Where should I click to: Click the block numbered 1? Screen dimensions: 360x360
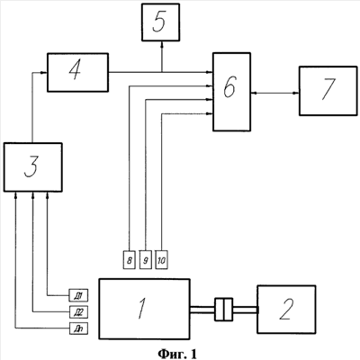144,309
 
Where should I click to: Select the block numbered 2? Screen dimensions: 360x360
286,310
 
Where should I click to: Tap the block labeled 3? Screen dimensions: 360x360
32,167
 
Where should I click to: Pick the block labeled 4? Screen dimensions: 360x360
77,72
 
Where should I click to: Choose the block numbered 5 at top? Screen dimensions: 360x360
160,22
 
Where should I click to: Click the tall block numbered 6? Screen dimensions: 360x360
231,92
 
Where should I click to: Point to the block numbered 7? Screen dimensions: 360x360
328,91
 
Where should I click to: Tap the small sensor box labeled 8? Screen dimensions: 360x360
130,259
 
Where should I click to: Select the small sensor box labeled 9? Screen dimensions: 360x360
146,259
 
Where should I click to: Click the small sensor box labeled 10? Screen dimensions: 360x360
162,259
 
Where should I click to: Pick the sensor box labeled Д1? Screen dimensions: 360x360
78,295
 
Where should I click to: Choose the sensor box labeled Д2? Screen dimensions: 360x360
78,311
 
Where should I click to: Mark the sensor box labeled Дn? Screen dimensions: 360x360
78,328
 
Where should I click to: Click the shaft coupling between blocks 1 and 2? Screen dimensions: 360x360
223,310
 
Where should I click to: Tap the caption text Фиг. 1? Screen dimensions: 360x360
177,354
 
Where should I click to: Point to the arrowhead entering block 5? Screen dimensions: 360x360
162,44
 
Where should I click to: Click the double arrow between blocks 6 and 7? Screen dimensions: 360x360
274,94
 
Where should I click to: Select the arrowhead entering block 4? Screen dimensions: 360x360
44,72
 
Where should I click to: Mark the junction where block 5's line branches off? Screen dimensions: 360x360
162,72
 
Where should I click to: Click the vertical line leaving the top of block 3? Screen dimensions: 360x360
32,107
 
